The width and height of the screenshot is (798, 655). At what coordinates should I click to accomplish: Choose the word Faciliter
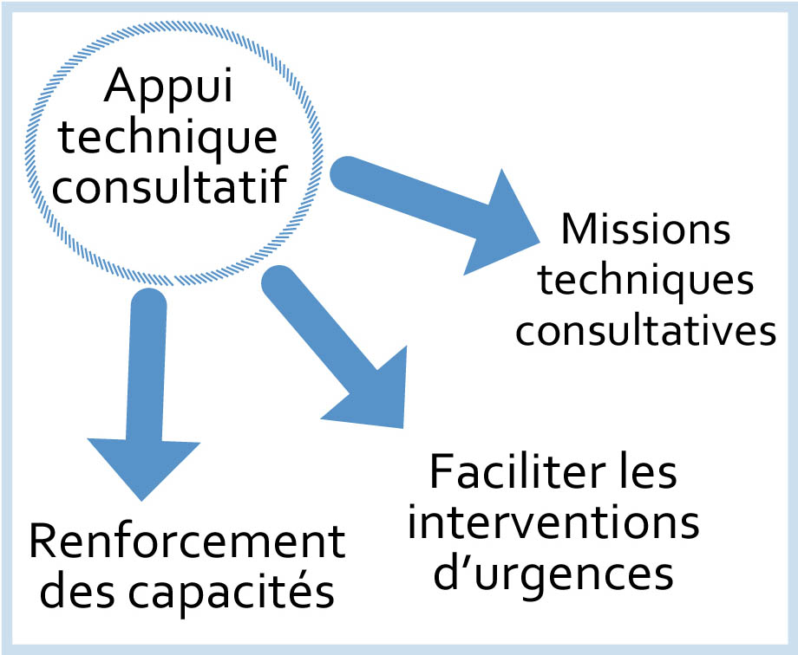(503, 476)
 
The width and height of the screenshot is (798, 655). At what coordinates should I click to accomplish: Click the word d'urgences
(553, 574)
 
